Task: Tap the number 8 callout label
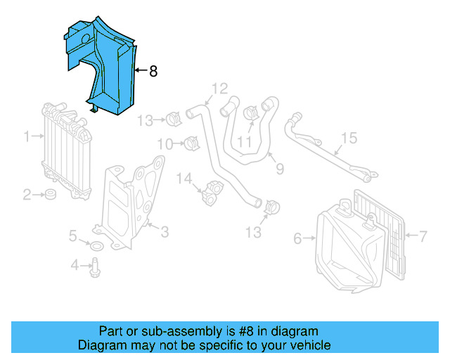point(153,71)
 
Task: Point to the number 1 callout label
point(26,136)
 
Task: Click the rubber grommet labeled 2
point(51,194)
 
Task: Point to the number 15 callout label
point(349,137)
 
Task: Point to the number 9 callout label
point(279,169)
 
